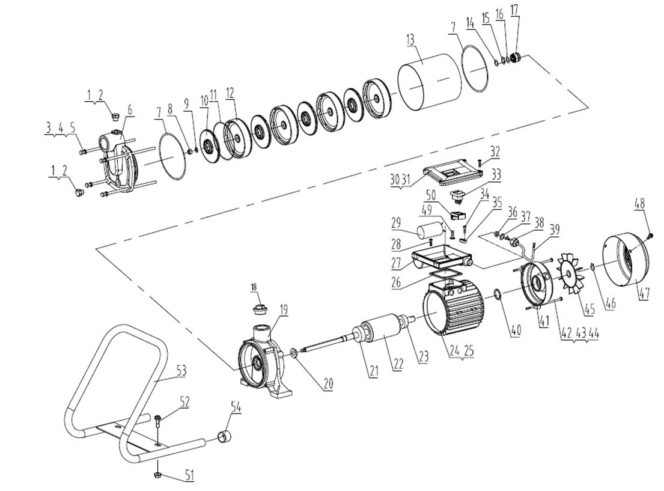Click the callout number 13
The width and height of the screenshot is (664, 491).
[x=410, y=40]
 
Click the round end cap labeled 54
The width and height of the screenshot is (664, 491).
[x=224, y=436]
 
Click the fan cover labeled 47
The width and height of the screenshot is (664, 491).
[x=627, y=258]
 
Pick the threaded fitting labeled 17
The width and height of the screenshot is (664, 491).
[x=515, y=58]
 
